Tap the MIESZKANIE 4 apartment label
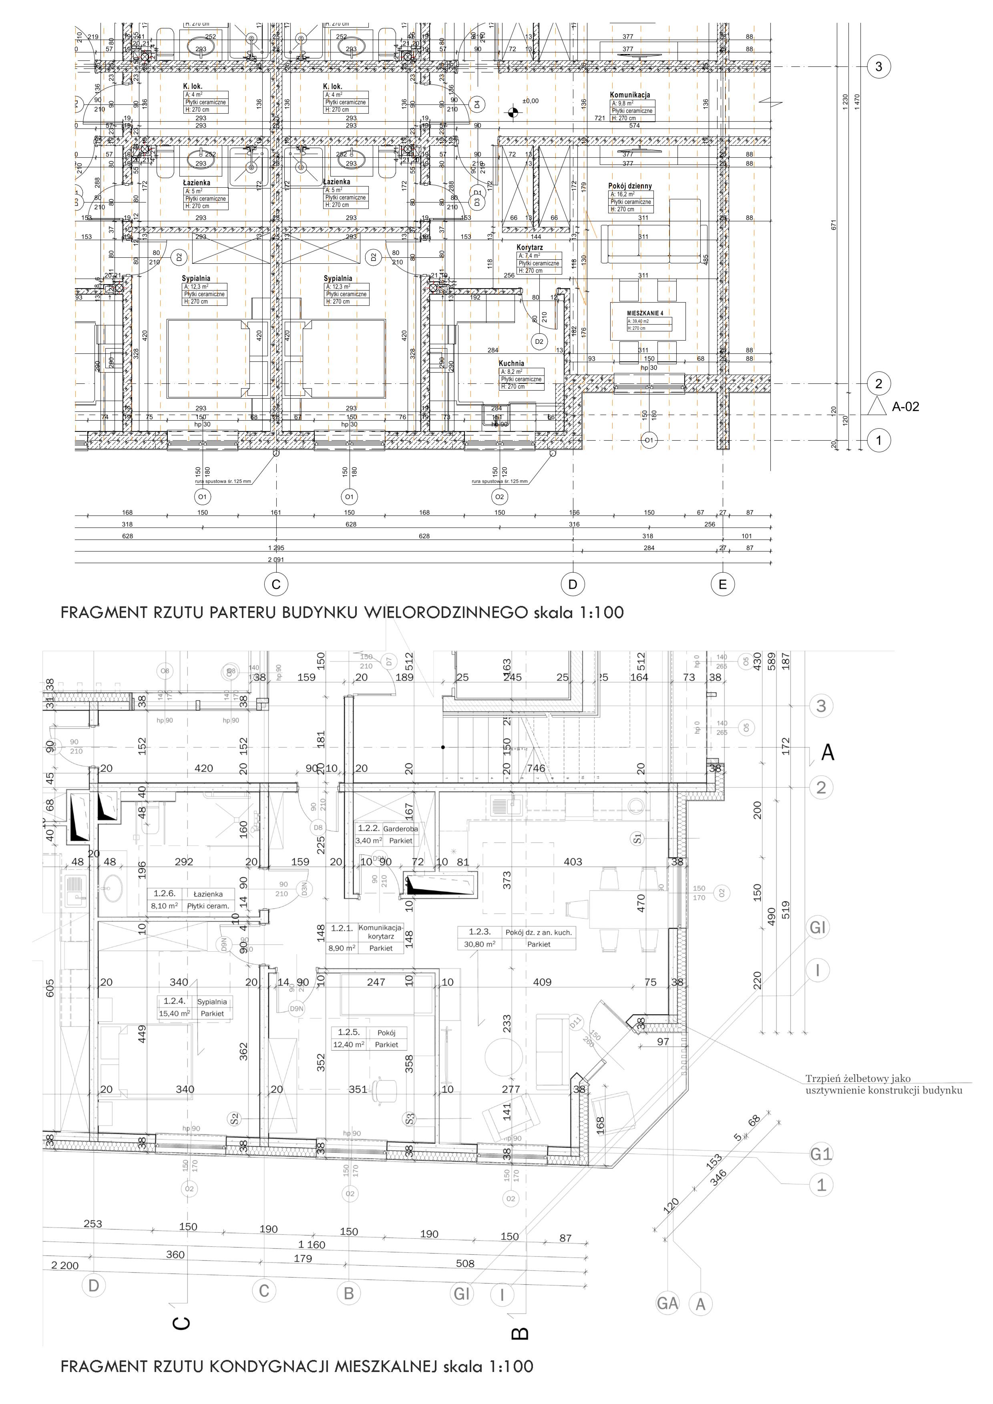coord(645,313)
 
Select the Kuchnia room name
coord(511,363)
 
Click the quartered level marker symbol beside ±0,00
coord(514,112)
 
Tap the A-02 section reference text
coord(905,407)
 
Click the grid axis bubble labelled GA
coord(667,1303)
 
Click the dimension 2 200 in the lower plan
coord(65,1265)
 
